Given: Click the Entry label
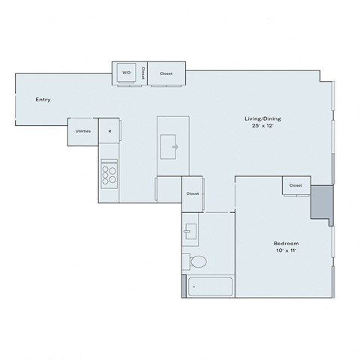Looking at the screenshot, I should [43, 99].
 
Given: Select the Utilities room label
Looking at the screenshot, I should [82, 131].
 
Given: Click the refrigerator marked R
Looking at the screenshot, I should [109, 131].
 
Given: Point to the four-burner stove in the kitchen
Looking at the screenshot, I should [109, 174].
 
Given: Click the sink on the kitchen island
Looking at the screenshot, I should [173, 145].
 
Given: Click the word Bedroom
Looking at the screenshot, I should [286, 244].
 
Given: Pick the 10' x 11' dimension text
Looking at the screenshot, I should [286, 251].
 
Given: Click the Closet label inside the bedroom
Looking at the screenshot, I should [295, 185].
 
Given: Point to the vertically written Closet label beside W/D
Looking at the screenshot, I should [142, 73].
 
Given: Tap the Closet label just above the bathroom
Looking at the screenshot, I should [193, 193].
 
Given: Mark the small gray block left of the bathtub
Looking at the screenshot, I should [184, 286].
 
